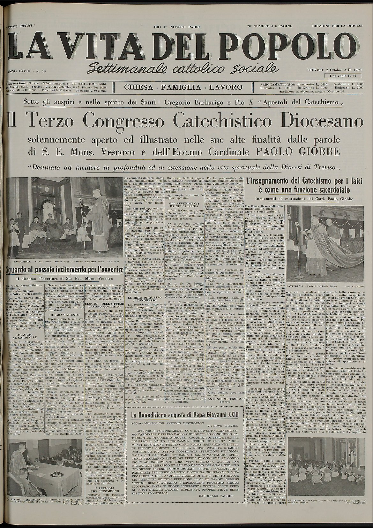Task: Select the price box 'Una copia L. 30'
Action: (343, 76)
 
